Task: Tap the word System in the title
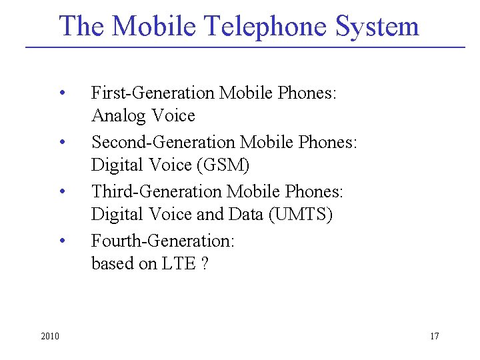[x=377, y=27]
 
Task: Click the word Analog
[x=119, y=116]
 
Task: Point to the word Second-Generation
[x=163, y=142]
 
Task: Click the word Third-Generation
[x=157, y=191]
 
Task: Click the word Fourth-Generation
[x=162, y=240]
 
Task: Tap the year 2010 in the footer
[x=49, y=335]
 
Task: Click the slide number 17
[x=434, y=335]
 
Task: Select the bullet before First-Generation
[x=61, y=93]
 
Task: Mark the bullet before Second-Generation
[x=61, y=142]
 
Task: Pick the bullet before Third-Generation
[x=61, y=191]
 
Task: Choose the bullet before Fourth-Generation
[x=61, y=240]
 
